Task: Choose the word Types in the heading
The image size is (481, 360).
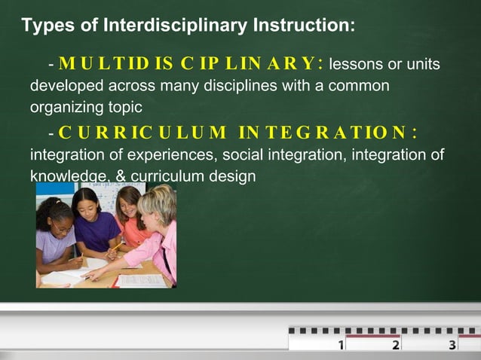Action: pyautogui.click(x=46, y=26)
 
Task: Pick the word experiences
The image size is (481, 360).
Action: pyautogui.click(x=150, y=156)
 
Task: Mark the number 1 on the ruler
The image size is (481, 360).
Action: pyautogui.click(x=342, y=345)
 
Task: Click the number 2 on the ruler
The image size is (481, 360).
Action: pyautogui.click(x=396, y=345)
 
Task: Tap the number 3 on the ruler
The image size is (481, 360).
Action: pyautogui.click(x=452, y=345)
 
